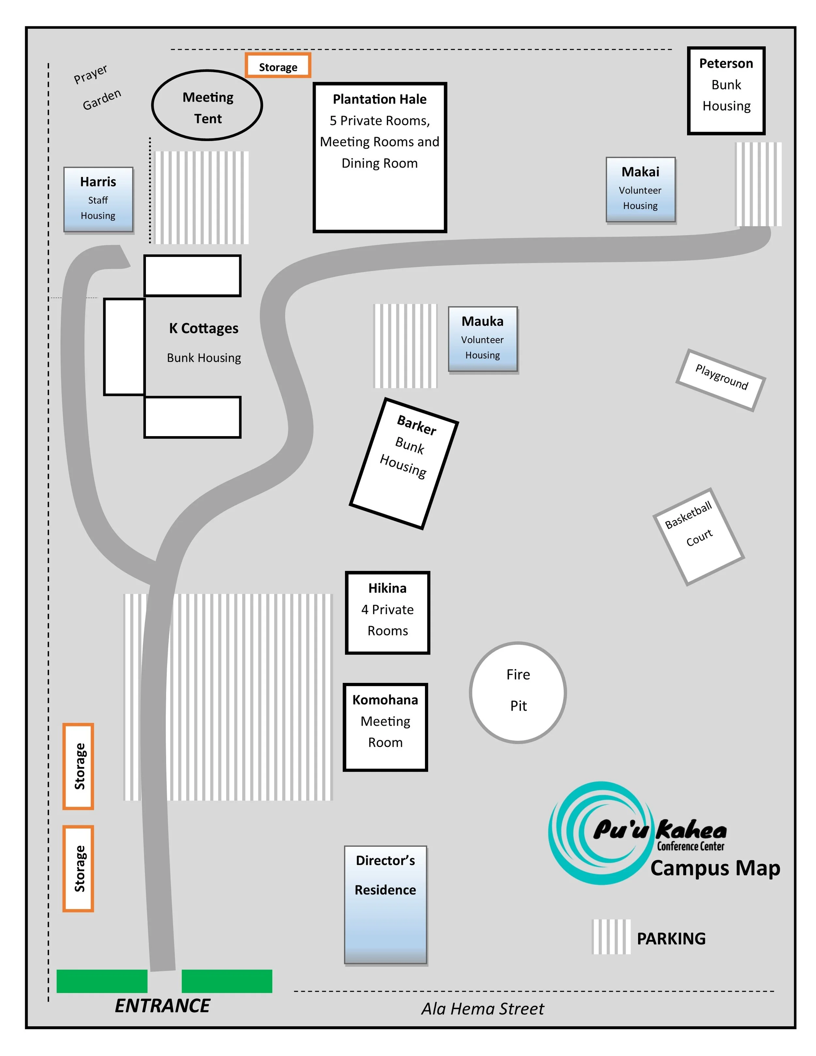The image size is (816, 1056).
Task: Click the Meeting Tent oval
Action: point(207,105)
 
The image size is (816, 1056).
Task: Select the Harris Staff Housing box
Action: point(98,199)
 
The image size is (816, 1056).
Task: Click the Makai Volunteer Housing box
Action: point(640,190)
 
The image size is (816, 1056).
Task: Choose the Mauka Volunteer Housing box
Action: point(482,339)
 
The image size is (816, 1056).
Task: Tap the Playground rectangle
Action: point(720,380)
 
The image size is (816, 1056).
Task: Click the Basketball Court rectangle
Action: point(698,536)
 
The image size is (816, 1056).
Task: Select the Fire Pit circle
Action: point(518,692)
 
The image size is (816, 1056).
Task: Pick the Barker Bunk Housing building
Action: point(404,463)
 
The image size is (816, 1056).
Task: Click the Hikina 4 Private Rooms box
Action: point(387,612)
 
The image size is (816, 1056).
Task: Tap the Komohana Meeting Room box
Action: point(385,727)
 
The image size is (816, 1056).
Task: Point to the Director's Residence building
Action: point(385,904)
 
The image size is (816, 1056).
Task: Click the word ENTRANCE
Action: point(163,1006)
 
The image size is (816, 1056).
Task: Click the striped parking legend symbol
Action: point(611,937)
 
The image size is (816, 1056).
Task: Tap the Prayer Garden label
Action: point(97,87)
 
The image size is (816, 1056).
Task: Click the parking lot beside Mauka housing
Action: point(405,346)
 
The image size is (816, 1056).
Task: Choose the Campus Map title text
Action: point(714,868)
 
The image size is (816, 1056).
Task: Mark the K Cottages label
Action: point(204,328)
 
